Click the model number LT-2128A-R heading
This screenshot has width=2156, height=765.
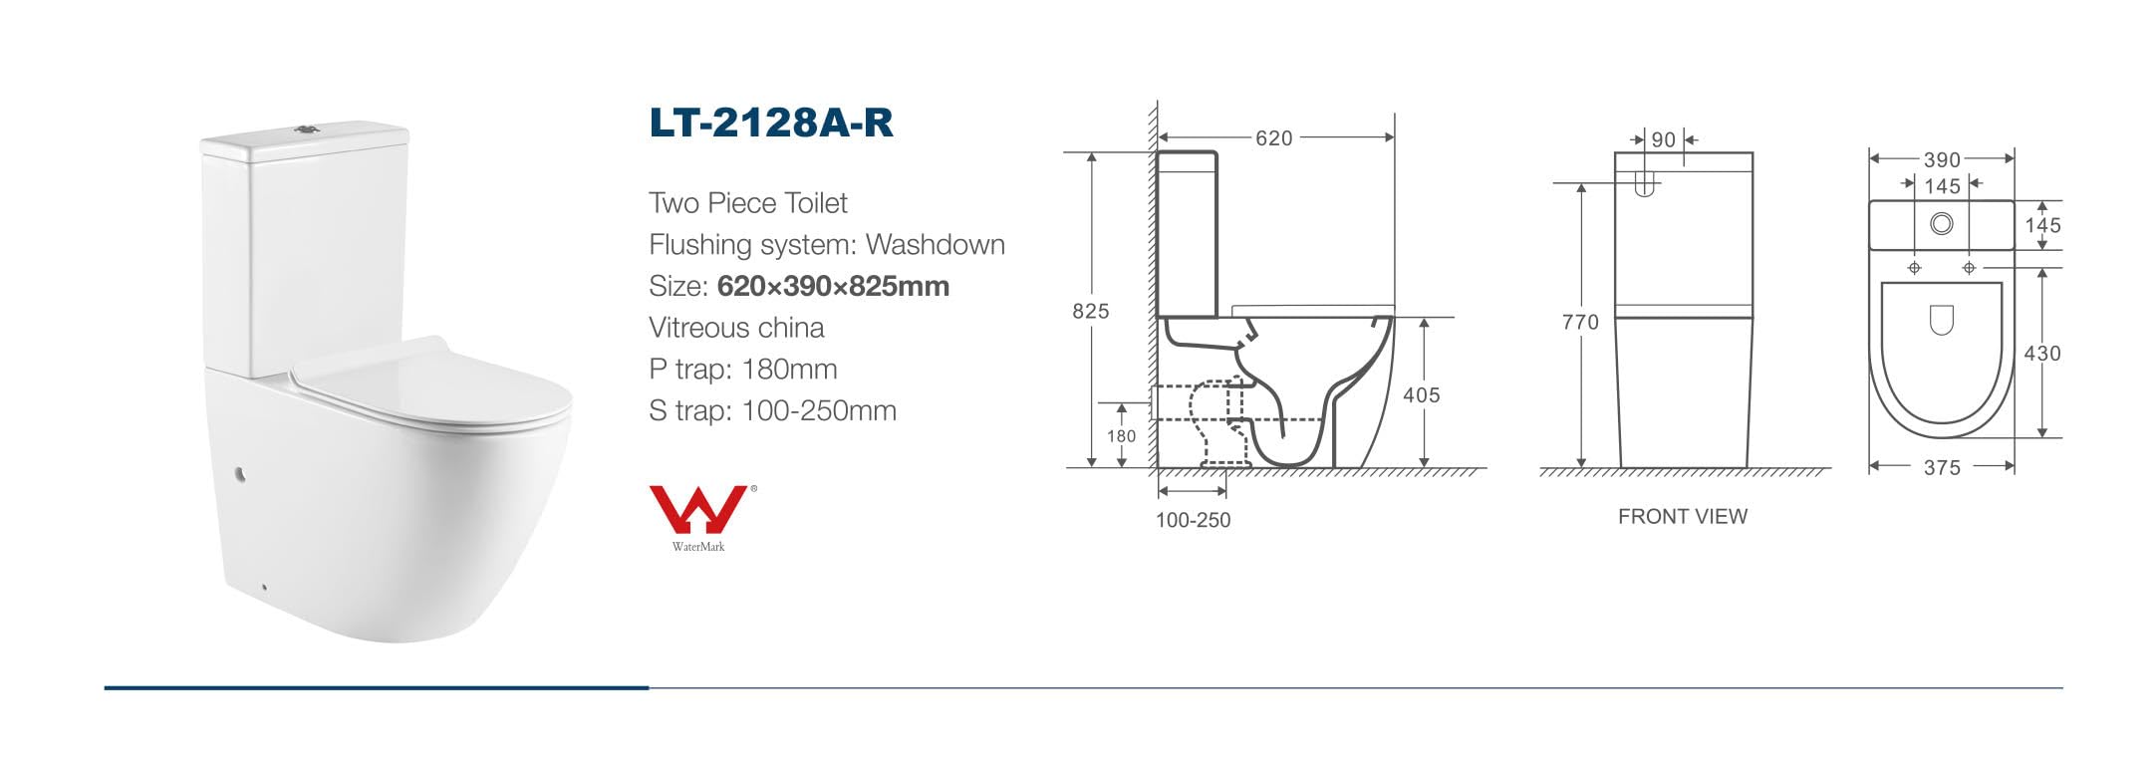click(771, 123)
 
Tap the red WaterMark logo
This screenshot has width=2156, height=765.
click(699, 509)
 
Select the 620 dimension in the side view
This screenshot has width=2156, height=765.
click(1273, 138)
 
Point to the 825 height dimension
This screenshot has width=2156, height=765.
click(1090, 311)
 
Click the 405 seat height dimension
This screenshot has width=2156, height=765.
click(1421, 394)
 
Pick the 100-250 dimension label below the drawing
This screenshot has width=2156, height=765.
click(1193, 520)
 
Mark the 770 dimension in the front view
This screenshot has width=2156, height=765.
click(1580, 322)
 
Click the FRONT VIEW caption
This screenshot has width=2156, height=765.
click(1682, 516)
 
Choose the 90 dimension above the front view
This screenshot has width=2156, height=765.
click(1663, 140)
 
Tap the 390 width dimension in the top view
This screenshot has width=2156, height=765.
click(1942, 159)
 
